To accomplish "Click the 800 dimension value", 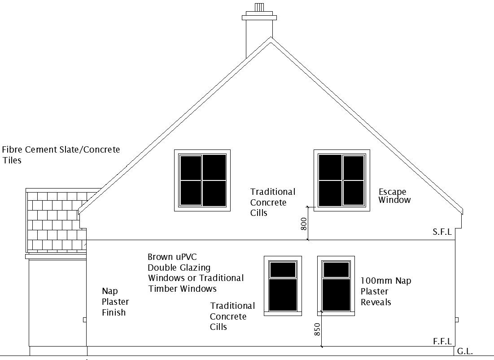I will tap(304, 224).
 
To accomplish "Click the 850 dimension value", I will tap(317, 330).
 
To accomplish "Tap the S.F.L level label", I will tap(442, 232).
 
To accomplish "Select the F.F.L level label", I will tap(442, 342).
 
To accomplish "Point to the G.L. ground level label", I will tap(465, 352).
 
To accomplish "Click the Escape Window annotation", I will tap(394, 196).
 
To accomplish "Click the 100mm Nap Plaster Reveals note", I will tap(385, 292).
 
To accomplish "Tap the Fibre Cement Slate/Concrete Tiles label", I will tap(61, 154).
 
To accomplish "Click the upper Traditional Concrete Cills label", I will tap(272, 202).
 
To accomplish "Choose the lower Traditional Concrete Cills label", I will tap(232, 316).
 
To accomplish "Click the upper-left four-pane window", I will tap(202, 180).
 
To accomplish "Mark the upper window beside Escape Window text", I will tap(342, 180).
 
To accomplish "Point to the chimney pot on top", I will tap(259, 8).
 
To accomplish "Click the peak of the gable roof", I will tap(271, 39).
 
